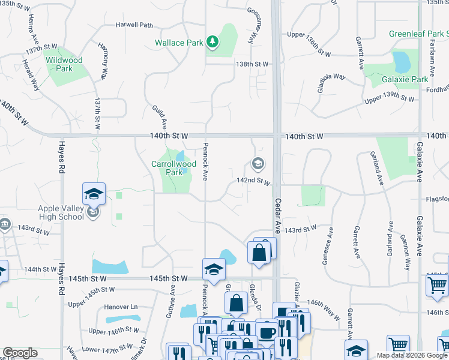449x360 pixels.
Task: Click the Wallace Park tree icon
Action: point(212,41)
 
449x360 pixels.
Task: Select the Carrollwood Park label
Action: point(174,167)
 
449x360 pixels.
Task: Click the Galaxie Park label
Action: point(405,79)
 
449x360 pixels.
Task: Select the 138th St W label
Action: point(252,64)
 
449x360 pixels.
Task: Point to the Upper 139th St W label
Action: point(389,99)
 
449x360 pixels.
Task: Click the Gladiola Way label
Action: point(331,80)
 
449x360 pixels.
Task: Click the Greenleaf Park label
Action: point(418,34)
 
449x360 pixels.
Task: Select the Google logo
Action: point(20,353)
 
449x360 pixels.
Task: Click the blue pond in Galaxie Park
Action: point(399,61)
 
